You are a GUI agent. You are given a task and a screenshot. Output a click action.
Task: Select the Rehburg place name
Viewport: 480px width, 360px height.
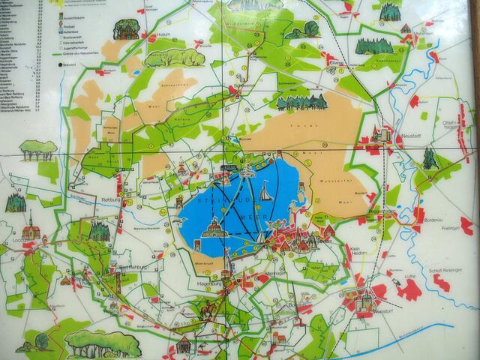[110, 200]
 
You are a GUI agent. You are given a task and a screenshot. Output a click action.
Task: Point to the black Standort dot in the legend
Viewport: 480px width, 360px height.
[60, 66]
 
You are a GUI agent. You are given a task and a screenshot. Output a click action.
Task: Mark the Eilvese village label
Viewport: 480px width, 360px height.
[335, 64]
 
